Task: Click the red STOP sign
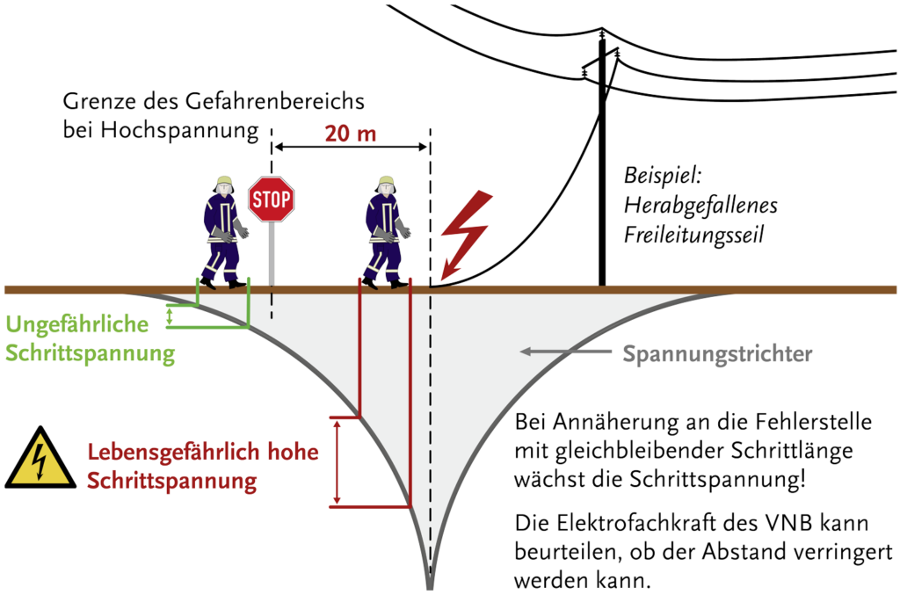pyautogui.click(x=271, y=199)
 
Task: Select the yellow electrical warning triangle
pyautogui.click(x=40, y=458)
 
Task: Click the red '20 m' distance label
pyautogui.click(x=350, y=134)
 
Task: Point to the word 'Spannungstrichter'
pyautogui.click(x=717, y=354)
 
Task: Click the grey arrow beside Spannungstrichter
pyautogui.click(x=562, y=352)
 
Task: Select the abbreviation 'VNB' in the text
pyautogui.click(x=773, y=525)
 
